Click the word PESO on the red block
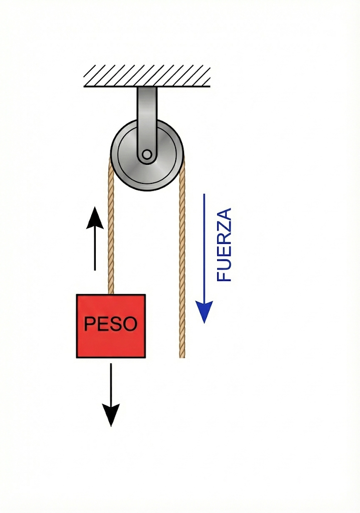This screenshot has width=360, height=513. click(x=110, y=324)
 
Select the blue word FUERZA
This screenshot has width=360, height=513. click(x=224, y=244)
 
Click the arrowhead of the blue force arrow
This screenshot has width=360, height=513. click(x=205, y=312)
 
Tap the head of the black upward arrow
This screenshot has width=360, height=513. click(x=94, y=218)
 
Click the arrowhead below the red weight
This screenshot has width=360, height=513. click(x=111, y=415)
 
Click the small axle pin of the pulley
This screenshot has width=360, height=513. click(x=146, y=155)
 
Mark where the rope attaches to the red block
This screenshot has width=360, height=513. click(x=111, y=294)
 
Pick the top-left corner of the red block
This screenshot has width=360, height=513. click(x=77, y=295)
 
